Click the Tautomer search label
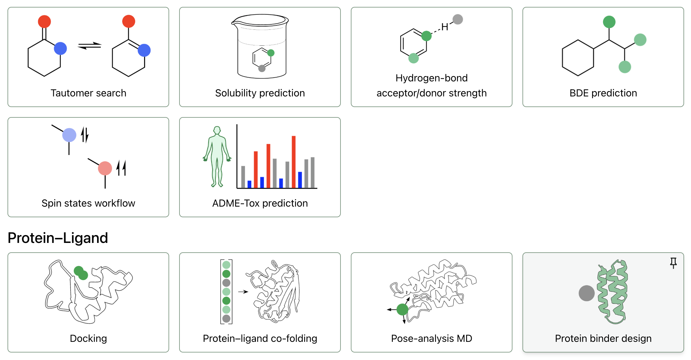coord(88,93)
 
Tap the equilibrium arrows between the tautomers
coord(90,46)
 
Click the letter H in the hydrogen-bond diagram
coord(444,27)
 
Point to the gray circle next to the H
coord(458,19)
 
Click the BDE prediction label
coord(603,93)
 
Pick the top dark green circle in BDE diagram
coord(609,22)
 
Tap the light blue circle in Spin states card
coord(69,135)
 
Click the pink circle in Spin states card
coord(105,168)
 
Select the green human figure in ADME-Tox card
coord(217,157)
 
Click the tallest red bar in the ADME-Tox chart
coord(294,162)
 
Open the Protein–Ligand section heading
coord(58,238)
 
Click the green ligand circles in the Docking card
coord(81,273)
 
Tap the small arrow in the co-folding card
coord(243,292)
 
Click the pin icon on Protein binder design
coord(673,263)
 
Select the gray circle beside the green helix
coord(586,293)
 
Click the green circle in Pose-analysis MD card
coord(402,310)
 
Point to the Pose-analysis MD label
coord(431,338)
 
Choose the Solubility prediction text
coord(260,93)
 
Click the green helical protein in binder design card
coord(613,291)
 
